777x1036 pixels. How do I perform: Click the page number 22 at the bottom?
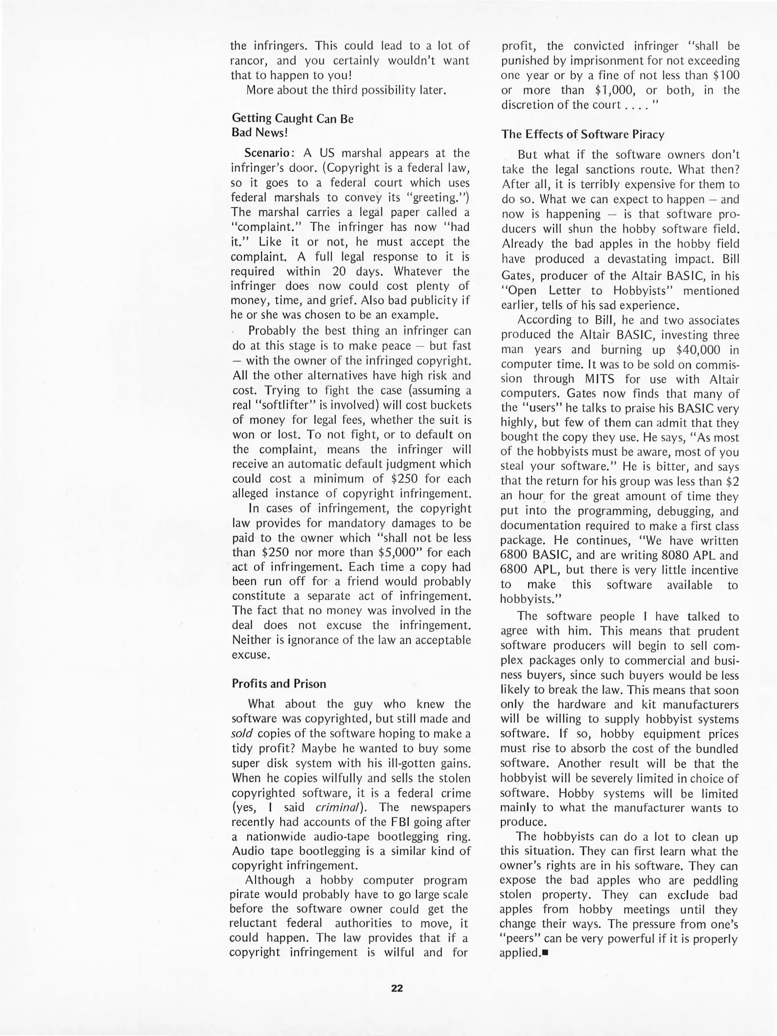click(397, 988)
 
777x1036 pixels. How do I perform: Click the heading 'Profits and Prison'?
click(278, 683)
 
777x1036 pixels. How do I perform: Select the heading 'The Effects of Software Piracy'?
click(582, 134)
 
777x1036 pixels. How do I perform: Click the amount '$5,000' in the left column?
click(399, 552)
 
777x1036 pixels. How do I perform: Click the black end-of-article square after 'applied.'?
click(545, 953)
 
